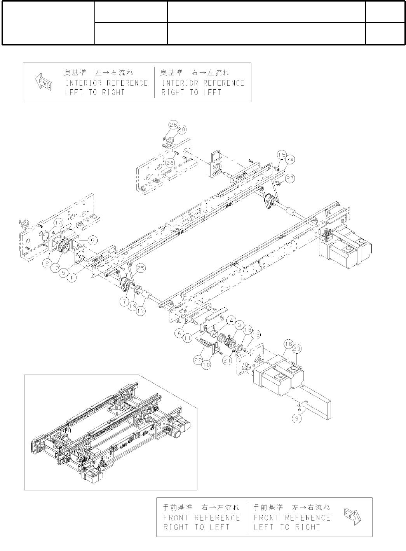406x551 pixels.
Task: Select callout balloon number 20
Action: pyautogui.click(x=181, y=129)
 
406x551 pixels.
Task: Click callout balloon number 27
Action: pyautogui.click(x=290, y=178)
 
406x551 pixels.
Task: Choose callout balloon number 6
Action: pyautogui.click(x=92, y=241)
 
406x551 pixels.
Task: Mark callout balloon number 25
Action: pyautogui.click(x=141, y=268)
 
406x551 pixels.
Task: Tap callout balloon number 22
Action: pyautogui.click(x=199, y=361)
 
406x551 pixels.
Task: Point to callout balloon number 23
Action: pyautogui.click(x=297, y=349)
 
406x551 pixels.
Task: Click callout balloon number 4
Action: pyautogui.click(x=232, y=321)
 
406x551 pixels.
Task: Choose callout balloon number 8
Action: pyautogui.click(x=179, y=332)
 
